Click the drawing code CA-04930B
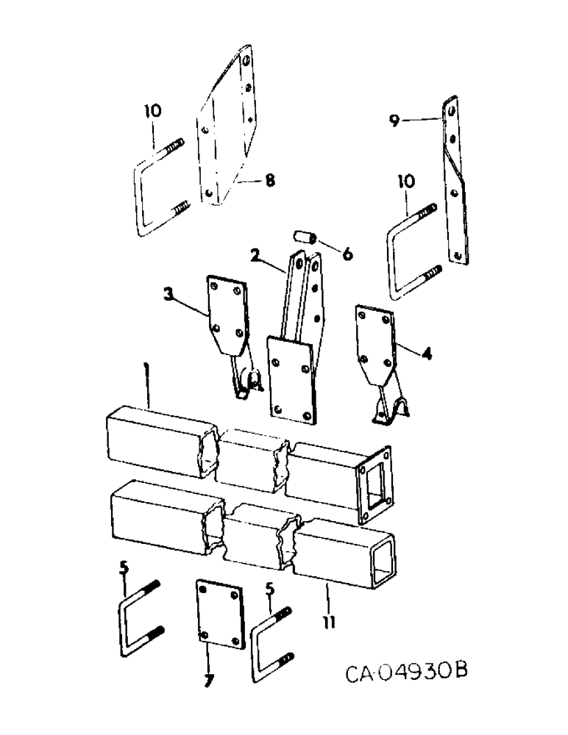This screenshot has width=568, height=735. click(x=405, y=673)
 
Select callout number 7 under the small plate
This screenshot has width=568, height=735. click(x=208, y=681)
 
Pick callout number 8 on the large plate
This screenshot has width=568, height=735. click(x=270, y=180)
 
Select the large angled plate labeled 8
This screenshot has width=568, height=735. click(x=226, y=129)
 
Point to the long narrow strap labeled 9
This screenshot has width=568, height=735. click(x=455, y=180)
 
